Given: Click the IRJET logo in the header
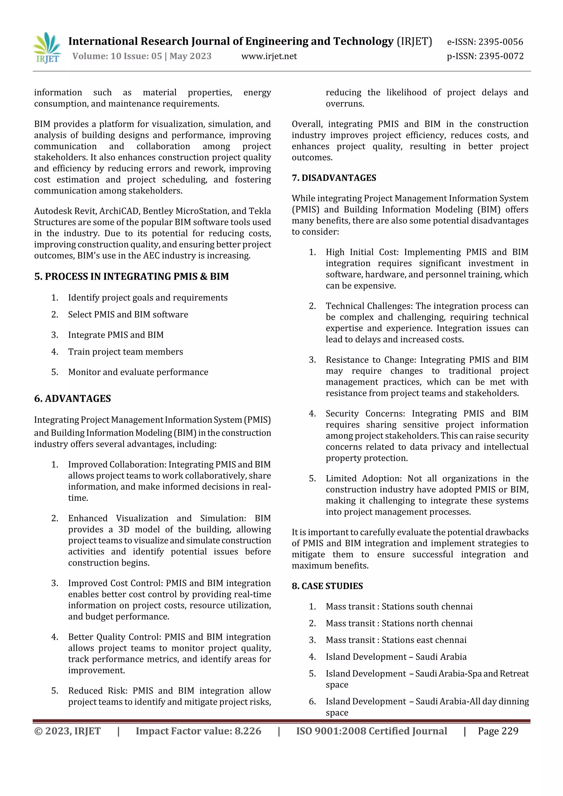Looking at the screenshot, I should pyautogui.click(x=47, y=48).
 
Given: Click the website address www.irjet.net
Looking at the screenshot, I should pyautogui.click(x=269, y=56).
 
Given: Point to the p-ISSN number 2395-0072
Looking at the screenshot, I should pyautogui.click(x=501, y=56).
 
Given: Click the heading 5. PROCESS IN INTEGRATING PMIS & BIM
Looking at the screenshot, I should pyautogui.click(x=131, y=276).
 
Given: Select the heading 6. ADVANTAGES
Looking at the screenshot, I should pyautogui.click(x=73, y=398).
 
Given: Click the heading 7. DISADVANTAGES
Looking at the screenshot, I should pyautogui.click(x=334, y=178).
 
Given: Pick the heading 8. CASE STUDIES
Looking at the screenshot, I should pyautogui.click(x=327, y=586).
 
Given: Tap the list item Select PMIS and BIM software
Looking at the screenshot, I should pyautogui.click(x=128, y=314).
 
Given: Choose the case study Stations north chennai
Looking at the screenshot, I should pyautogui.click(x=427, y=623).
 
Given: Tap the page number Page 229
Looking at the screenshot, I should pyautogui.click(x=498, y=731).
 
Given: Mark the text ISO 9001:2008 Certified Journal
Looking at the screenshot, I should pyautogui.click(x=371, y=731).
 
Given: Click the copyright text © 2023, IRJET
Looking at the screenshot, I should pyautogui.click(x=67, y=731).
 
